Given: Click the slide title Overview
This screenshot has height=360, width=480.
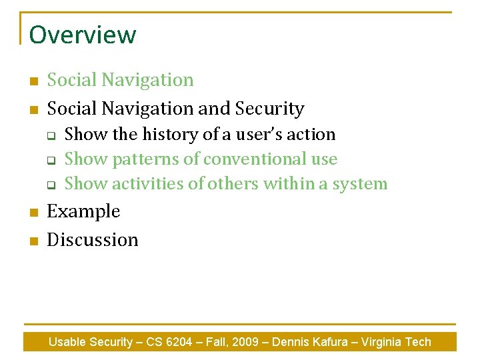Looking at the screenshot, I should click(x=82, y=35).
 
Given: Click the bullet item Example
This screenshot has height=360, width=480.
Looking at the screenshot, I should click(x=83, y=212).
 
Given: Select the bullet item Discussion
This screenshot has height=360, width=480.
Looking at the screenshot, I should click(x=93, y=240).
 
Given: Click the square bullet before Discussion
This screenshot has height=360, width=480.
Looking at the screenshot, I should click(x=31, y=241).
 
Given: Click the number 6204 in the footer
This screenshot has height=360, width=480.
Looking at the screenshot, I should click(x=176, y=342).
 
